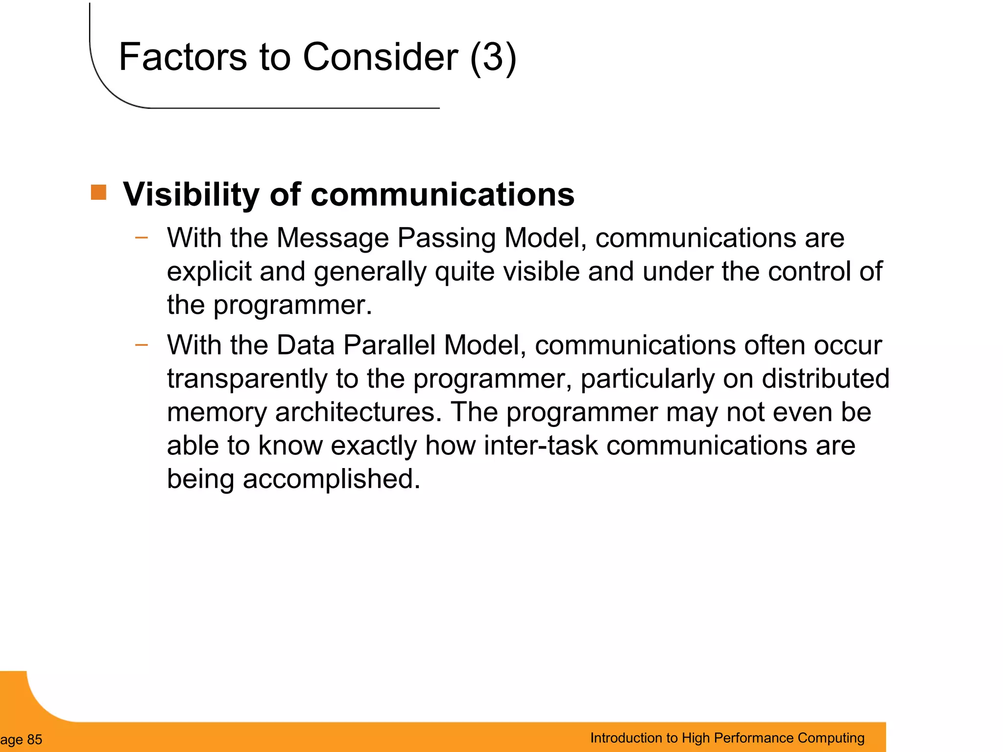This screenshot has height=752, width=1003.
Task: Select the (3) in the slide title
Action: [x=493, y=57]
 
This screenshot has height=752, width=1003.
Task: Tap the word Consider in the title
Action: [x=381, y=57]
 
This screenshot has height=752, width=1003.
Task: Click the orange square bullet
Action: [x=98, y=192]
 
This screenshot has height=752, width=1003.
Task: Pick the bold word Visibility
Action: [x=191, y=195]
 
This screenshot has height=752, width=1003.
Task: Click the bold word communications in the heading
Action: [x=442, y=195]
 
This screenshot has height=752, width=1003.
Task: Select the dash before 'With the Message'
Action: [x=142, y=238]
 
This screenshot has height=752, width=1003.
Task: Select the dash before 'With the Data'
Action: [x=142, y=345]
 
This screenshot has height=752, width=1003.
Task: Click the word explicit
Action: [x=209, y=272]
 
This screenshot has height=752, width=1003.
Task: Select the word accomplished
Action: [x=332, y=479]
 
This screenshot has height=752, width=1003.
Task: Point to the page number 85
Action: [x=34, y=739]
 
